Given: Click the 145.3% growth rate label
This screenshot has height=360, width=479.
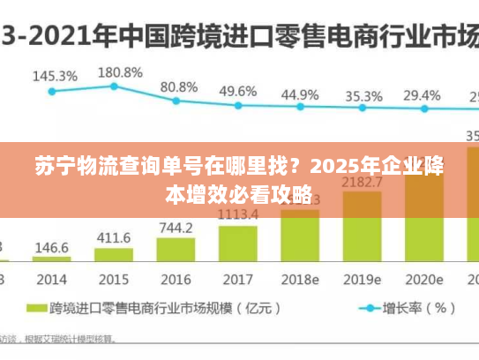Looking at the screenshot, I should pos(55,76).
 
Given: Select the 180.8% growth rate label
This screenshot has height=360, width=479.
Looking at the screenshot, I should pos(120,71).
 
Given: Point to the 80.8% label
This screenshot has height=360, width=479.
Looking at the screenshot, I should pos(179,87).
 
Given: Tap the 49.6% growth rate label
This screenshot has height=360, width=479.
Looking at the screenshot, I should pos(238,91).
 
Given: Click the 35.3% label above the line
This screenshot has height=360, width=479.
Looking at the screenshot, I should pos(363,95).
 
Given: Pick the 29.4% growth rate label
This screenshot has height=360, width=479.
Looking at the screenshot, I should pos(422,94).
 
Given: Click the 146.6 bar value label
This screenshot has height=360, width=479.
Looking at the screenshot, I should pos(53,248).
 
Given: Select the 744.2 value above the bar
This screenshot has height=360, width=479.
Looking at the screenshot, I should pos(176,228).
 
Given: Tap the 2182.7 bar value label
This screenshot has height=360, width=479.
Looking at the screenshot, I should pos(363,183).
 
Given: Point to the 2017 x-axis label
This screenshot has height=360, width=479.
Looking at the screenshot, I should pos(237,279).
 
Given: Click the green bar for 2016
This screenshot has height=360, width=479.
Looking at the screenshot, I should pos(176,250).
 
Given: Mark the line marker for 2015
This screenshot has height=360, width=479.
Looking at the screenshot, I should pos(114,86).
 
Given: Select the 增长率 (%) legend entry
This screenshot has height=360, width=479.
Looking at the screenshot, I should pos(419,309).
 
